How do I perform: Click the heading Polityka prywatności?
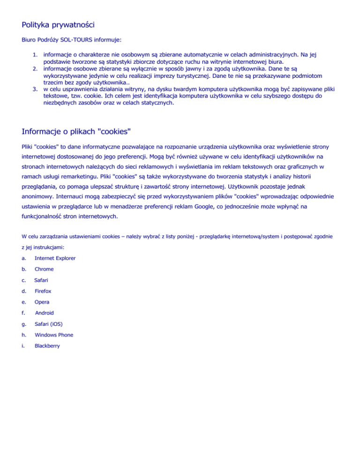point(59,23)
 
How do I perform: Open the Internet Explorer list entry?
point(55,258)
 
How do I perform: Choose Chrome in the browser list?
point(44,269)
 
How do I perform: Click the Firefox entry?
point(43,291)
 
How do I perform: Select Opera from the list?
point(42,302)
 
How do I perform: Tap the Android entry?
point(45,313)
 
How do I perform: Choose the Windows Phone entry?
point(53,335)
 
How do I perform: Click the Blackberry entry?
point(47,346)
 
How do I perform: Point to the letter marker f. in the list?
point(24,313)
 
